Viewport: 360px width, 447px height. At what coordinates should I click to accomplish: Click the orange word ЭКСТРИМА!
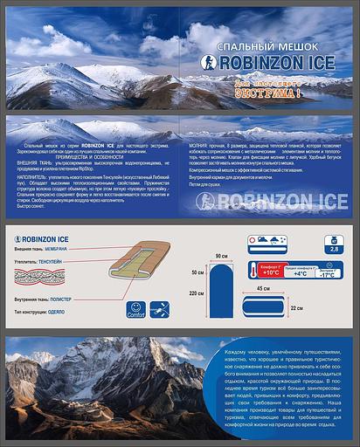coord(272,92)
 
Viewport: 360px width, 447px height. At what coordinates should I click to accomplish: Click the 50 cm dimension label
coord(198,272)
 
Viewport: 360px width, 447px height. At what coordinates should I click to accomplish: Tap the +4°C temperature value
coord(299,273)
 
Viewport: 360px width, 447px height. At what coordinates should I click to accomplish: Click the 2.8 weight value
coord(332,250)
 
